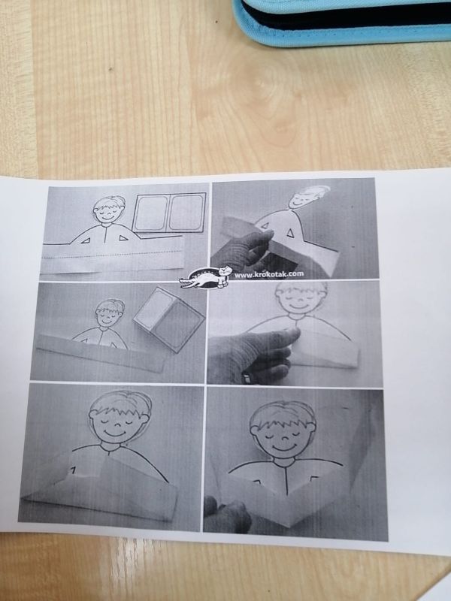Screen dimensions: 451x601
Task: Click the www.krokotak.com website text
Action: (x=269, y=273)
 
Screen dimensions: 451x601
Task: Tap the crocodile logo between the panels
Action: (x=206, y=278)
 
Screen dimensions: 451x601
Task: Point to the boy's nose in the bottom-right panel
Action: (x=283, y=436)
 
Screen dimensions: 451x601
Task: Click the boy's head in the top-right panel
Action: (x=307, y=197)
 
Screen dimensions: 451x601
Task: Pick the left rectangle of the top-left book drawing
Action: (x=151, y=213)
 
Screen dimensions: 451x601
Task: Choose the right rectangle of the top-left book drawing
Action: (x=186, y=213)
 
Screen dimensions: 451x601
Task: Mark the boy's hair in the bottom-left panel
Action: (x=120, y=405)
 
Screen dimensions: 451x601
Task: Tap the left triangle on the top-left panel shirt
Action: (x=86, y=240)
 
